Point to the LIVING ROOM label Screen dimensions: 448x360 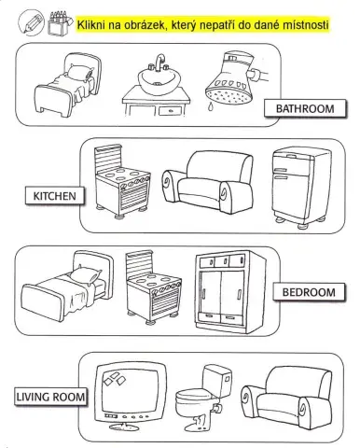pos(50,397)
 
